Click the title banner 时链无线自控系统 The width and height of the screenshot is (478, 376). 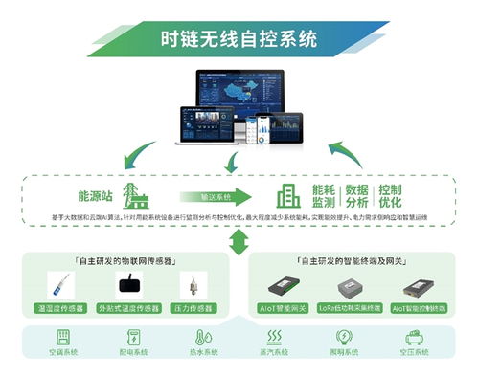pyautogui.click(x=239, y=40)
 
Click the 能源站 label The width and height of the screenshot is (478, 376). pyautogui.click(x=95, y=195)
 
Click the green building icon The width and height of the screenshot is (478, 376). pyautogui.click(x=287, y=197)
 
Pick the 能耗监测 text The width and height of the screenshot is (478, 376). pyautogui.click(x=324, y=195)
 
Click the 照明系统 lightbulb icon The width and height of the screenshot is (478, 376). pyautogui.click(x=343, y=339)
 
